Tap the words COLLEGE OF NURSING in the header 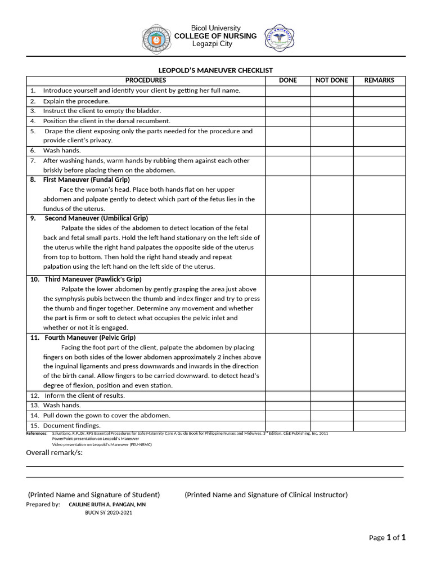click(215, 36)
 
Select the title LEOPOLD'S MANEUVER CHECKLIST click(215, 70)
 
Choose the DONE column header click(288, 80)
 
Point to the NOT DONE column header click(332, 80)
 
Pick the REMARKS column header click(379, 80)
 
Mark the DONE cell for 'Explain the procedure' click(288, 101)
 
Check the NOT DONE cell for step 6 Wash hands click(332, 150)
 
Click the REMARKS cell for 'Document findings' click(379, 426)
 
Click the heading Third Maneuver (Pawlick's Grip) click(93, 280)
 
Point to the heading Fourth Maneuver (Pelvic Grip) click(90, 338)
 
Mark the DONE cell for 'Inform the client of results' click(288, 395)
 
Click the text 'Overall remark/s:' click(55, 453)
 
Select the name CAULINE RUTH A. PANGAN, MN click(107, 505)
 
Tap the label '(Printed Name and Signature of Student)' click(94, 495)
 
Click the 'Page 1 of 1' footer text click(387, 538)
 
